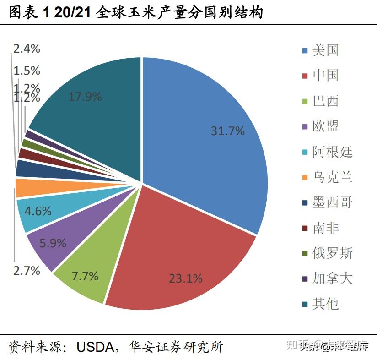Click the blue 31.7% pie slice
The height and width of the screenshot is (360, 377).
[x=206, y=137]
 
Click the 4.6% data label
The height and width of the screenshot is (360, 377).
[x=38, y=211]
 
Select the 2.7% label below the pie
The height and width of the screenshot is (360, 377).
[x=27, y=270]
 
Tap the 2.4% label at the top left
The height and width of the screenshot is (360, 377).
[x=27, y=49]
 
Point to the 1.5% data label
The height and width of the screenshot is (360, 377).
[x=27, y=71]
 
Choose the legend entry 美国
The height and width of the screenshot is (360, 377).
[x=325, y=50]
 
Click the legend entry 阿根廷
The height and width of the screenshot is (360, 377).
[x=332, y=152]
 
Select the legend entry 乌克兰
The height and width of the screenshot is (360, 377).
[x=332, y=177]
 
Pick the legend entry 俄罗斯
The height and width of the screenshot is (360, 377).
[x=332, y=253]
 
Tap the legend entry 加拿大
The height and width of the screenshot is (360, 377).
[x=332, y=278]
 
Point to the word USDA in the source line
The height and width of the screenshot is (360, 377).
[x=95, y=347]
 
